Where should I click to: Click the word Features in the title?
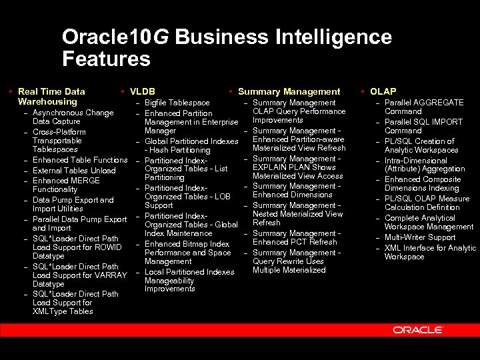tap(106, 59)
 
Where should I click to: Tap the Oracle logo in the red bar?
tap(418, 329)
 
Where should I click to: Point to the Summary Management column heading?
tap(289, 91)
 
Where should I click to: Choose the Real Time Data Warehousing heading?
tap(51, 97)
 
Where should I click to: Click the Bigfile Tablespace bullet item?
tap(177, 103)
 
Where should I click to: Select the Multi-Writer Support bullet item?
tap(420, 237)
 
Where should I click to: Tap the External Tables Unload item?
tap(74, 171)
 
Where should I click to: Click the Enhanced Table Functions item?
tap(79, 161)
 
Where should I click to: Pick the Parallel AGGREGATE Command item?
tap(424, 107)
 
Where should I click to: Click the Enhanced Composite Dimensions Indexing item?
tap(423, 184)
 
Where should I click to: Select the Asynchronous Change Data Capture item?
tap(73, 117)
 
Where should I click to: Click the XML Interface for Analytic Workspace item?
tap(430, 252)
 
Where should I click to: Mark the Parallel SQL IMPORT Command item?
tap(423, 127)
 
